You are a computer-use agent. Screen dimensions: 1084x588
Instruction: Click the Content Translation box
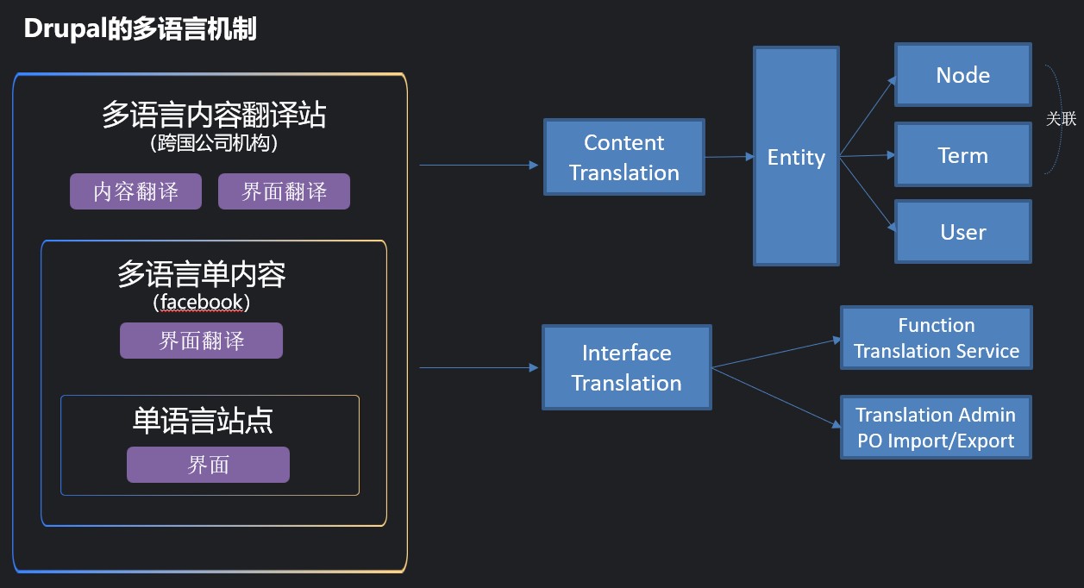623,157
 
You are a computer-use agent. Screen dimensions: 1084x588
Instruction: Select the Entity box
796,156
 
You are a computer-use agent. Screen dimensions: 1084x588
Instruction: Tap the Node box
963,75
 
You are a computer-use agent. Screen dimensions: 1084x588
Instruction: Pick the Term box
963,155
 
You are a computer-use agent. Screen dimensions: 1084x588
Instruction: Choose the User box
963,232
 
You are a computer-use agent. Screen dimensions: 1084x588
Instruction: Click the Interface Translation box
627,367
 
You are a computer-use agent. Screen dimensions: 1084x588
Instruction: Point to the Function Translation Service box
937,338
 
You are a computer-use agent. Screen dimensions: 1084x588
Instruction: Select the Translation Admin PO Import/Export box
936,428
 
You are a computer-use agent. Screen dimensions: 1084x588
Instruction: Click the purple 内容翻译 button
135,191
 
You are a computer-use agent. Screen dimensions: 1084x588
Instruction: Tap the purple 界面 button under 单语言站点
208,465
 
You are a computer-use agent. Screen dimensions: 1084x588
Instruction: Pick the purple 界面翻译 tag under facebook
201,341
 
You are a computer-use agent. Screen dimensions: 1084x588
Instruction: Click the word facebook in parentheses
201,302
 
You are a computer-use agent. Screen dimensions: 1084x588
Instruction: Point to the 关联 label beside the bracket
1061,119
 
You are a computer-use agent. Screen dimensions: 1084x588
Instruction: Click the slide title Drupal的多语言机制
141,28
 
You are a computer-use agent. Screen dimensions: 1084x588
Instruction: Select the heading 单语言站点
203,421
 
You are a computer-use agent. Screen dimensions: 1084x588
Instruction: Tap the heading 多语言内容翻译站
214,115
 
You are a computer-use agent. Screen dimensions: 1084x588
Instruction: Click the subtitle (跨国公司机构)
214,143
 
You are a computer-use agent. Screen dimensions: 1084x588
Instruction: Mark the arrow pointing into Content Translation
479,165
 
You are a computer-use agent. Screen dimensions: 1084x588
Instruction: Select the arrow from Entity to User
868,194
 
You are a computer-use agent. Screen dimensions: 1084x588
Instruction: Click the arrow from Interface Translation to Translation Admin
776,397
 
